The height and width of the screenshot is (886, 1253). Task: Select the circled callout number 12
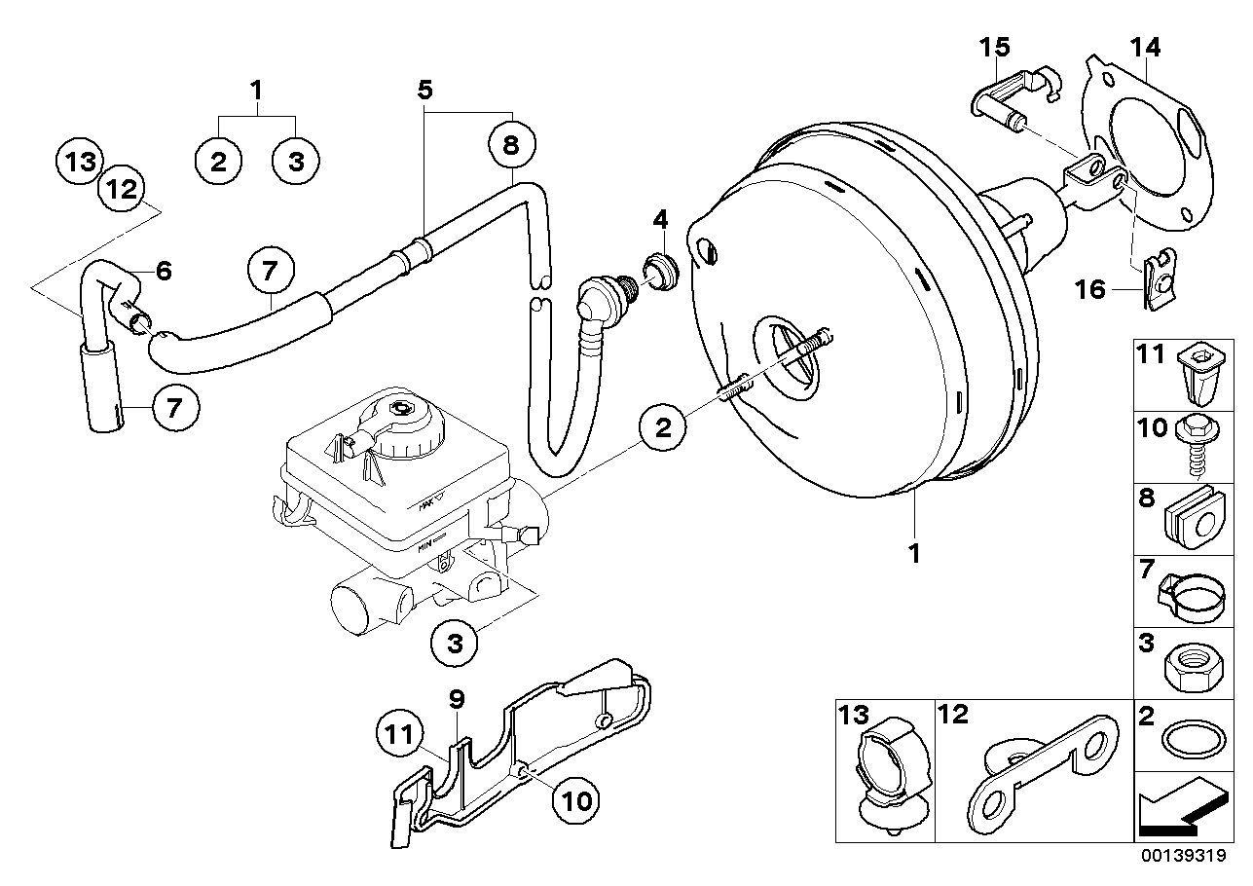tap(122, 189)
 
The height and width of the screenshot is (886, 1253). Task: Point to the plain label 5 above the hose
tap(425, 90)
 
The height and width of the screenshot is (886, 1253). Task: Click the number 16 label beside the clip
tap(1090, 290)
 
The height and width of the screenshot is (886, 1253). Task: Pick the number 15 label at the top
tap(995, 48)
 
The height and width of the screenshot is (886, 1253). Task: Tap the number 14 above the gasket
tap(1145, 48)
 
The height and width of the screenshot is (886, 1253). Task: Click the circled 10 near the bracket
tap(575, 801)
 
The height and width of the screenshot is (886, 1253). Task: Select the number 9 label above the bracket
tap(457, 699)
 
